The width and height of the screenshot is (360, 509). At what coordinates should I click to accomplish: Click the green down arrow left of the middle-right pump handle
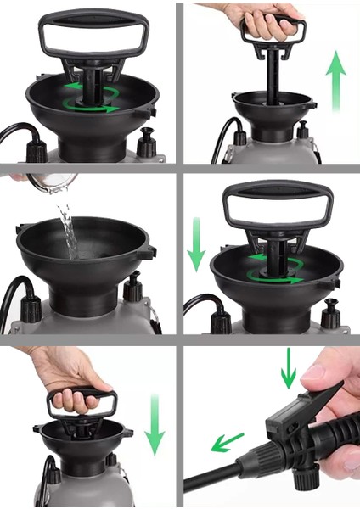point(196,247)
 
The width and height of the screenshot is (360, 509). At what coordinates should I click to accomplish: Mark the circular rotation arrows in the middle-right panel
point(274,266)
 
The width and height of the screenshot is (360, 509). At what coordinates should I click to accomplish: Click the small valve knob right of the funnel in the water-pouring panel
point(132,289)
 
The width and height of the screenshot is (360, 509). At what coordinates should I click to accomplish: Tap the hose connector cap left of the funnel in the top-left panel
point(37,150)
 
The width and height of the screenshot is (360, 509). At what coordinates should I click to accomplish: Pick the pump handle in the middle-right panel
point(267,207)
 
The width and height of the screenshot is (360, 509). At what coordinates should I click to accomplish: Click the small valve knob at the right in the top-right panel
point(302,132)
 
